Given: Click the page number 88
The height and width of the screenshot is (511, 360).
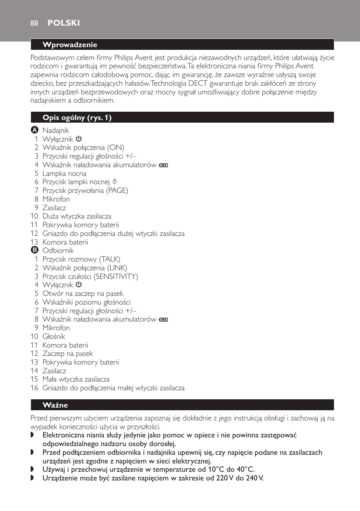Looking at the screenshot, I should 34,23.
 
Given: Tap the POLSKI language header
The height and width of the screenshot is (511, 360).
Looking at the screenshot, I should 63,23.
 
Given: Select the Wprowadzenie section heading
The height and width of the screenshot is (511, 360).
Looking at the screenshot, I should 70,45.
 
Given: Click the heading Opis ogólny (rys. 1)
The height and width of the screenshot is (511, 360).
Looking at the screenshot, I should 77,118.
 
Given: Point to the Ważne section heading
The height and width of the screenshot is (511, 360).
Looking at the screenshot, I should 55,405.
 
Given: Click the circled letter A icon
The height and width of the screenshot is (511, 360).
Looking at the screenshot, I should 34,130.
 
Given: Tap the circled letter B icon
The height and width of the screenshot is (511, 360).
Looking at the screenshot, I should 34,250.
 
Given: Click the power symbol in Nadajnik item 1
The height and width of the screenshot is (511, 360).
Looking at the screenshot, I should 78,139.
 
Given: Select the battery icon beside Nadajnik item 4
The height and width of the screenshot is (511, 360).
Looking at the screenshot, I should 163,165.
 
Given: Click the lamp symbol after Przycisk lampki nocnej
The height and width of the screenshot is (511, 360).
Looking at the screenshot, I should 115,182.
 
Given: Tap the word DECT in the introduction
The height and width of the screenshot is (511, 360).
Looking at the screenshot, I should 198,83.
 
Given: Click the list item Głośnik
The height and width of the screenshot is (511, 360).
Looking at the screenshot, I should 54,337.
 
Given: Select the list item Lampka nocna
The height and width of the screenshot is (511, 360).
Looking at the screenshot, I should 64,174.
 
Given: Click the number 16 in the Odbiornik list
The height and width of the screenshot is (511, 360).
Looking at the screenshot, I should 34,388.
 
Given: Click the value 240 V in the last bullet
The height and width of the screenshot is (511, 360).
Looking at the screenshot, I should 254,478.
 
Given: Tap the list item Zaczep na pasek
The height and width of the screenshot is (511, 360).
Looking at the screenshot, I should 68,354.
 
